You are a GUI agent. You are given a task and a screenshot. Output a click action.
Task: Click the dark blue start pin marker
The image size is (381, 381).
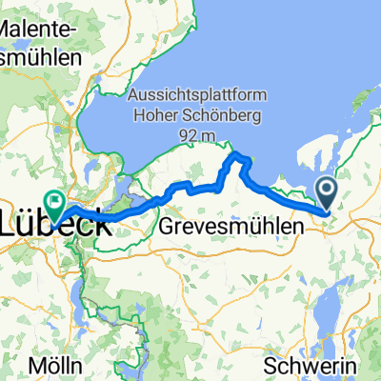point(326,193)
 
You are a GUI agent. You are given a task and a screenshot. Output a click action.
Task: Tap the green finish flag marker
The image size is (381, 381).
point(54,202)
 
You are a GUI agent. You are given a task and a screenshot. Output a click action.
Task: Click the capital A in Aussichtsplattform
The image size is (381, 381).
point(133,97)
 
